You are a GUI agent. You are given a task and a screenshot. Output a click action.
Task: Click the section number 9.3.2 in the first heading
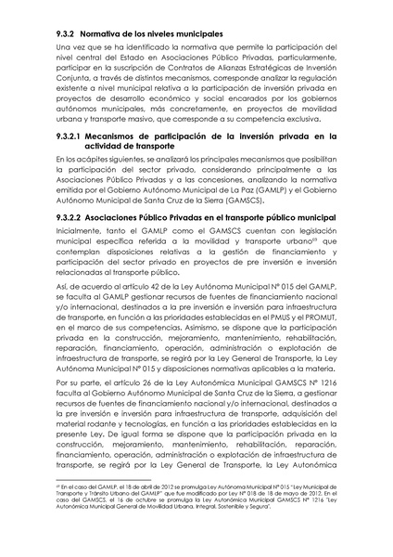pos(68,33)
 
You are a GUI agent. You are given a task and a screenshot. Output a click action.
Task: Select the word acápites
pos(90,161)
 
